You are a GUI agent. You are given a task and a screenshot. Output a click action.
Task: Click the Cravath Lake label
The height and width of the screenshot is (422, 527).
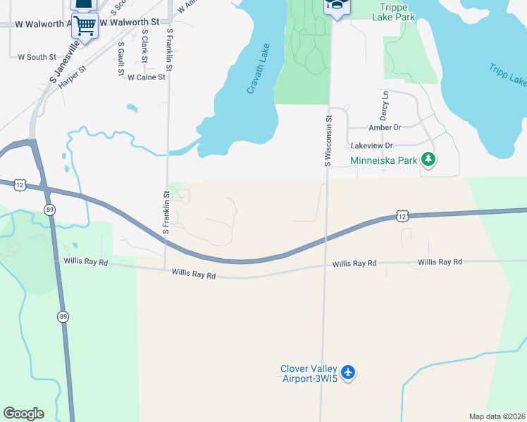point(258,71)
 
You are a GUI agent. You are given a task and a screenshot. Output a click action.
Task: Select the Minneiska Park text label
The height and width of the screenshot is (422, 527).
point(384,160)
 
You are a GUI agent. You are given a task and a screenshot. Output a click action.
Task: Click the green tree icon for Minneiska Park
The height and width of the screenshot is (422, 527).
point(428,160)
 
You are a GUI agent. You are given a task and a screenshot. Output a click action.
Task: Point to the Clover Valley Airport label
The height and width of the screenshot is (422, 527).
point(309,373)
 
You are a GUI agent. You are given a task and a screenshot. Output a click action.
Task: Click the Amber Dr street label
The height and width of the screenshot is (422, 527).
point(385,127)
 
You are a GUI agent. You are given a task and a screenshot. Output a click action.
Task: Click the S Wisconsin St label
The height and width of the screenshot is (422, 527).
point(328,141)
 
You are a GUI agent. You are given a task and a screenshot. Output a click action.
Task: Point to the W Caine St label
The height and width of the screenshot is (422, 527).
point(146,77)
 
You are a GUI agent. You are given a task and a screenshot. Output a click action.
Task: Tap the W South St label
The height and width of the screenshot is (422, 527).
point(37,56)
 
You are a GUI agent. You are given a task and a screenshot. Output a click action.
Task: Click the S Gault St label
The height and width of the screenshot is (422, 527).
point(121,59)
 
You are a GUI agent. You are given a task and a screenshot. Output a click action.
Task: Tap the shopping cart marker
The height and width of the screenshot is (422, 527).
point(85,26)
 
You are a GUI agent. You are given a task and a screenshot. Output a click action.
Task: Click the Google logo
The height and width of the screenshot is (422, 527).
point(23,414)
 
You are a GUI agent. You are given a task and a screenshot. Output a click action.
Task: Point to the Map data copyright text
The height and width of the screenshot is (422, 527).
point(497,416)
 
